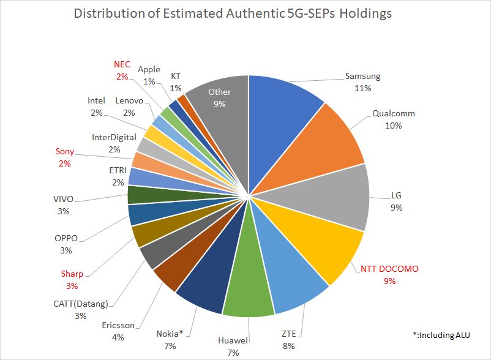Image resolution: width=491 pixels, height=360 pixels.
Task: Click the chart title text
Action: pos(232,13)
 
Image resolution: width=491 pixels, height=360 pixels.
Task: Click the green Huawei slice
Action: pos(248,294)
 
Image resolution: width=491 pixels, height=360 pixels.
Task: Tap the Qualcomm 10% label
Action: pos(393,119)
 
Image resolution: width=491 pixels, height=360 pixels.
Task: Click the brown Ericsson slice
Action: pos(168,276)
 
